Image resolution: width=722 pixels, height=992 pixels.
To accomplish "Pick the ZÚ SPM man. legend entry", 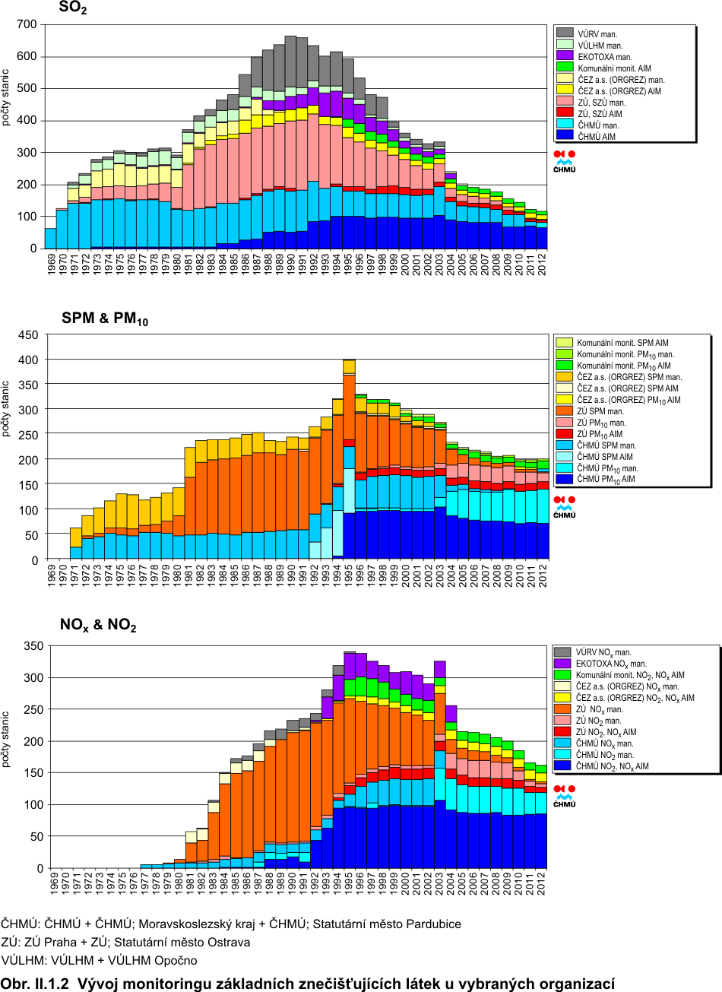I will tap(600, 411).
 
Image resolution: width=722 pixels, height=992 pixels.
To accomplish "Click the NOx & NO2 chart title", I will tap(98, 626).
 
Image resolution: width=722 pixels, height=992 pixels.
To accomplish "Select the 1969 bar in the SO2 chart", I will tap(51, 239).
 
